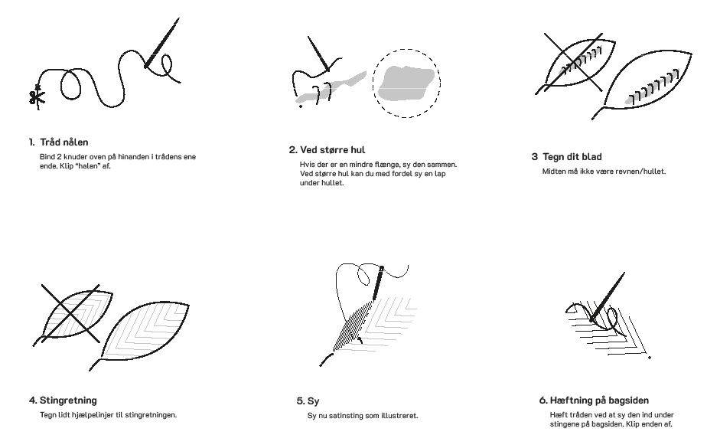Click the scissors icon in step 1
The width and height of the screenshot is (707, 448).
pos(35,96)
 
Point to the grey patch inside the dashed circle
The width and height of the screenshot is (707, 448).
pos(406,81)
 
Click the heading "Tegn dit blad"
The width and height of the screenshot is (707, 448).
pos(572,157)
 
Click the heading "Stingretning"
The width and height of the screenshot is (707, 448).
pos(67,401)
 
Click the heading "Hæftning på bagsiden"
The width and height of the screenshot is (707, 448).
pos(599,401)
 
